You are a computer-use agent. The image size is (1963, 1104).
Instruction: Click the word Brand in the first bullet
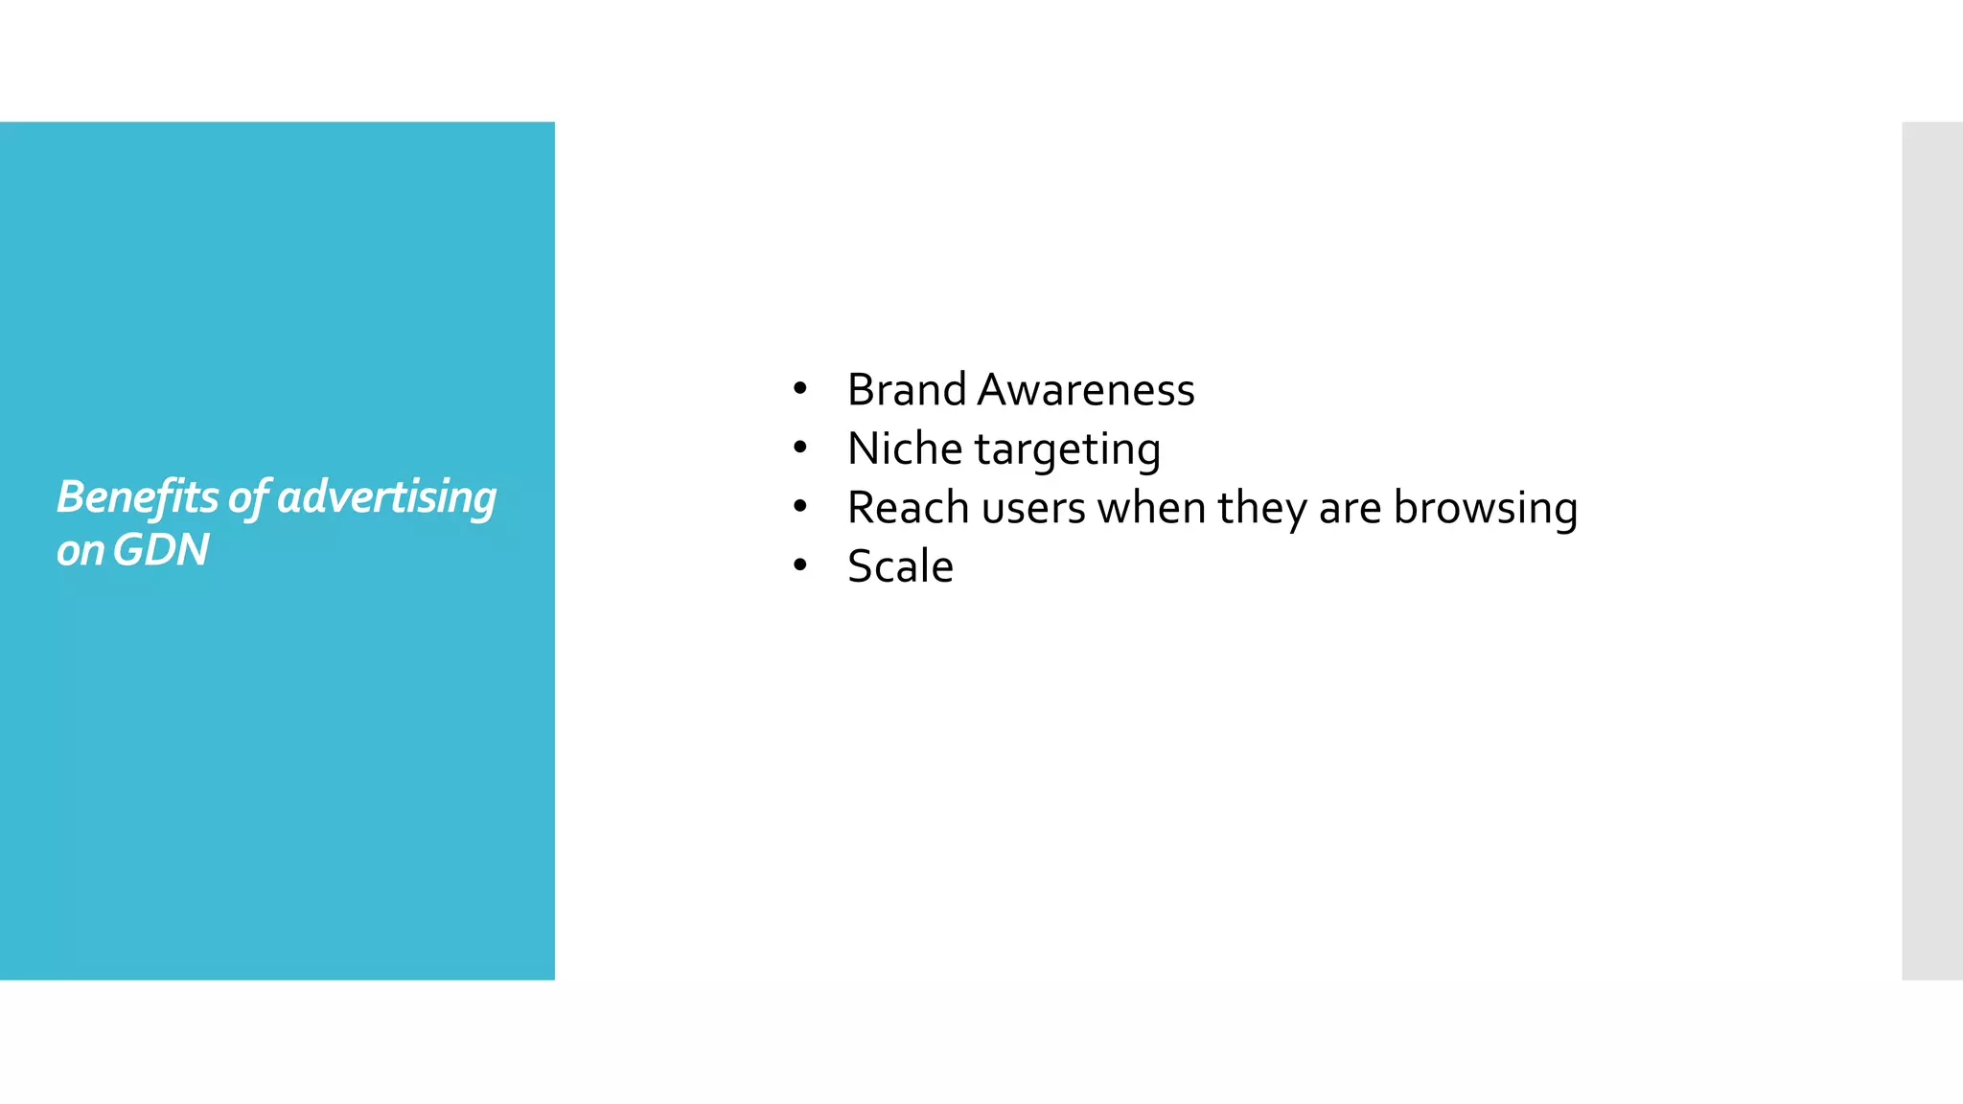tap(906, 390)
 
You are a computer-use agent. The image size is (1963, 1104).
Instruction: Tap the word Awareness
tap(1086, 390)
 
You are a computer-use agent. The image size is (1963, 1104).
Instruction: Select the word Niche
tap(905, 448)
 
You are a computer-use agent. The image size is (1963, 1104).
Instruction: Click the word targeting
tap(1067, 449)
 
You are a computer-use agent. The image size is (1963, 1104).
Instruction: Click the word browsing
tap(1485, 509)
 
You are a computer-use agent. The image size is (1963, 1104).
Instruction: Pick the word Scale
tap(900, 566)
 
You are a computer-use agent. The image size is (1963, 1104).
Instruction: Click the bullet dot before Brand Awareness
tap(800, 389)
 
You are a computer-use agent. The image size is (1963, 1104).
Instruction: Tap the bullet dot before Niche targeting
tap(800, 448)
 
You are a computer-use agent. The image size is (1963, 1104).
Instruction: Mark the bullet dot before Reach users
tap(800, 507)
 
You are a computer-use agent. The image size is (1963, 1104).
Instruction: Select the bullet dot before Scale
tap(800, 565)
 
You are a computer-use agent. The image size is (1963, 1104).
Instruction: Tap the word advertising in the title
tap(386, 497)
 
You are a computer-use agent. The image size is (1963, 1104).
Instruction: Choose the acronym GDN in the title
tap(160, 550)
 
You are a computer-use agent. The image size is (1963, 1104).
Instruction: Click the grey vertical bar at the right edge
tap(1931, 550)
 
